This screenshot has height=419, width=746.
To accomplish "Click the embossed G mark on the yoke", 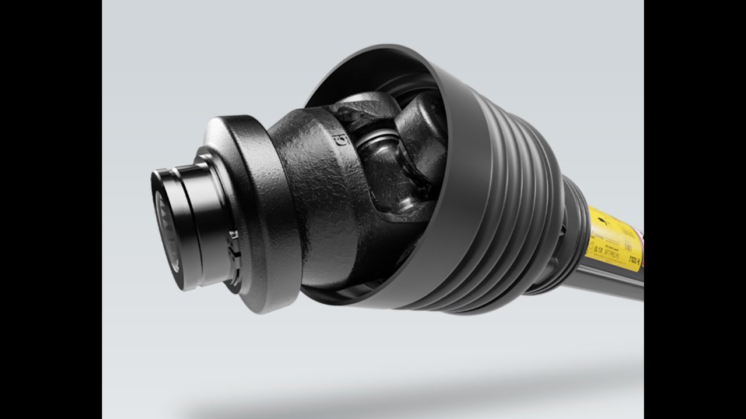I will [336, 140].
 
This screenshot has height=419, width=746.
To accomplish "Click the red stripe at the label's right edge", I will [641, 236].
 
